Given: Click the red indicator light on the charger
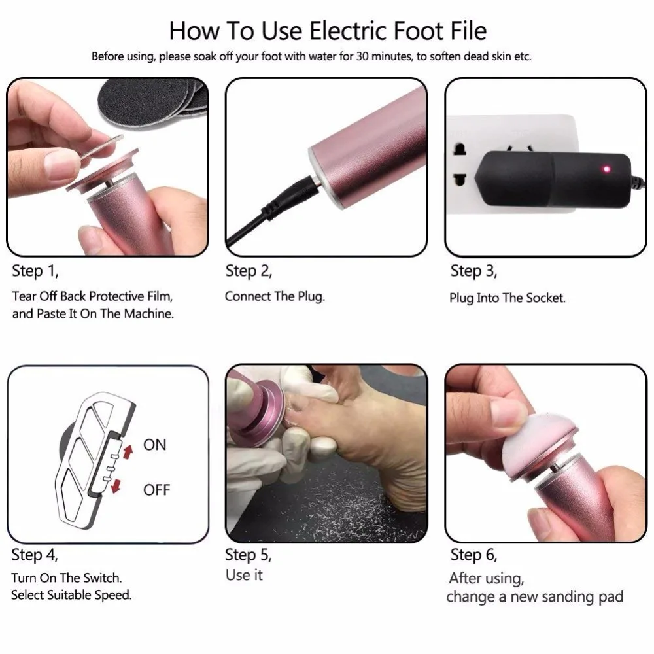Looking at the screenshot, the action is click(606, 169).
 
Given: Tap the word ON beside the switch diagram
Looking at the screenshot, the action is click(155, 445).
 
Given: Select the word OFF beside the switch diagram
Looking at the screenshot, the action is click(157, 490).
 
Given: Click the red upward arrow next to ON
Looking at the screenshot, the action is click(128, 451).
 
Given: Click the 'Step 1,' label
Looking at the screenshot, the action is click(35, 271).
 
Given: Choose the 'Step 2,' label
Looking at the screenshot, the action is click(249, 271).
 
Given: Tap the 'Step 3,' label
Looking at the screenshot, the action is click(473, 271).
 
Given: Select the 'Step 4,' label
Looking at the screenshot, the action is click(35, 555).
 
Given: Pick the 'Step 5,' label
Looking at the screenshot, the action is click(249, 555).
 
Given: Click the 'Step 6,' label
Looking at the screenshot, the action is click(473, 555).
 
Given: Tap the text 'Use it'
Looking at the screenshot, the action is click(244, 575).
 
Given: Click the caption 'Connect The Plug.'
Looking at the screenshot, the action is click(275, 296).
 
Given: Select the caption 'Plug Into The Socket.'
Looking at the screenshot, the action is click(508, 298).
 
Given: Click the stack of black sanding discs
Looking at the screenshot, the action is click(152, 101).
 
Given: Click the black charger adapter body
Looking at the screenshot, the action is click(555, 179).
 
